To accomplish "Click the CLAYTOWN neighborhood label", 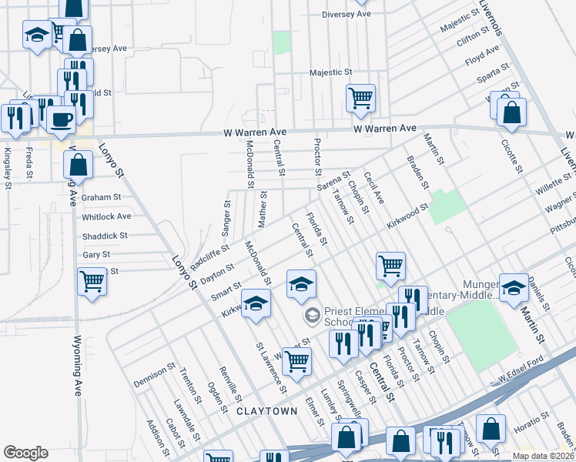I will [266, 411].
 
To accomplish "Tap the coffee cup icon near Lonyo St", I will [61, 119].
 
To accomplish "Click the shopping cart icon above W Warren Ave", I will [360, 98].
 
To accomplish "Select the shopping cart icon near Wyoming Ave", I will [92, 281].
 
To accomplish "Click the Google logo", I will [25, 452].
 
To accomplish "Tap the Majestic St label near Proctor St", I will [330, 72].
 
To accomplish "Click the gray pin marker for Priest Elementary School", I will [312, 313].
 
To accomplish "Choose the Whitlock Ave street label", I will [106, 216].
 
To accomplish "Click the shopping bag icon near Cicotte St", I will [511, 112].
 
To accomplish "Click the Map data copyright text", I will [541, 455].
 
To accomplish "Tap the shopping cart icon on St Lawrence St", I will [297, 360].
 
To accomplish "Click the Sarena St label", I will [333, 183].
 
